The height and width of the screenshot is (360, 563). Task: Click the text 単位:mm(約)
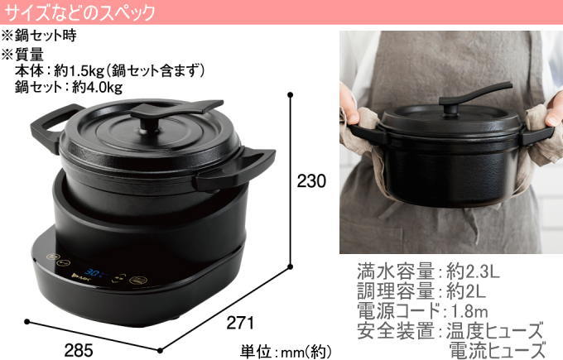pyautogui.click(x=286, y=351)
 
